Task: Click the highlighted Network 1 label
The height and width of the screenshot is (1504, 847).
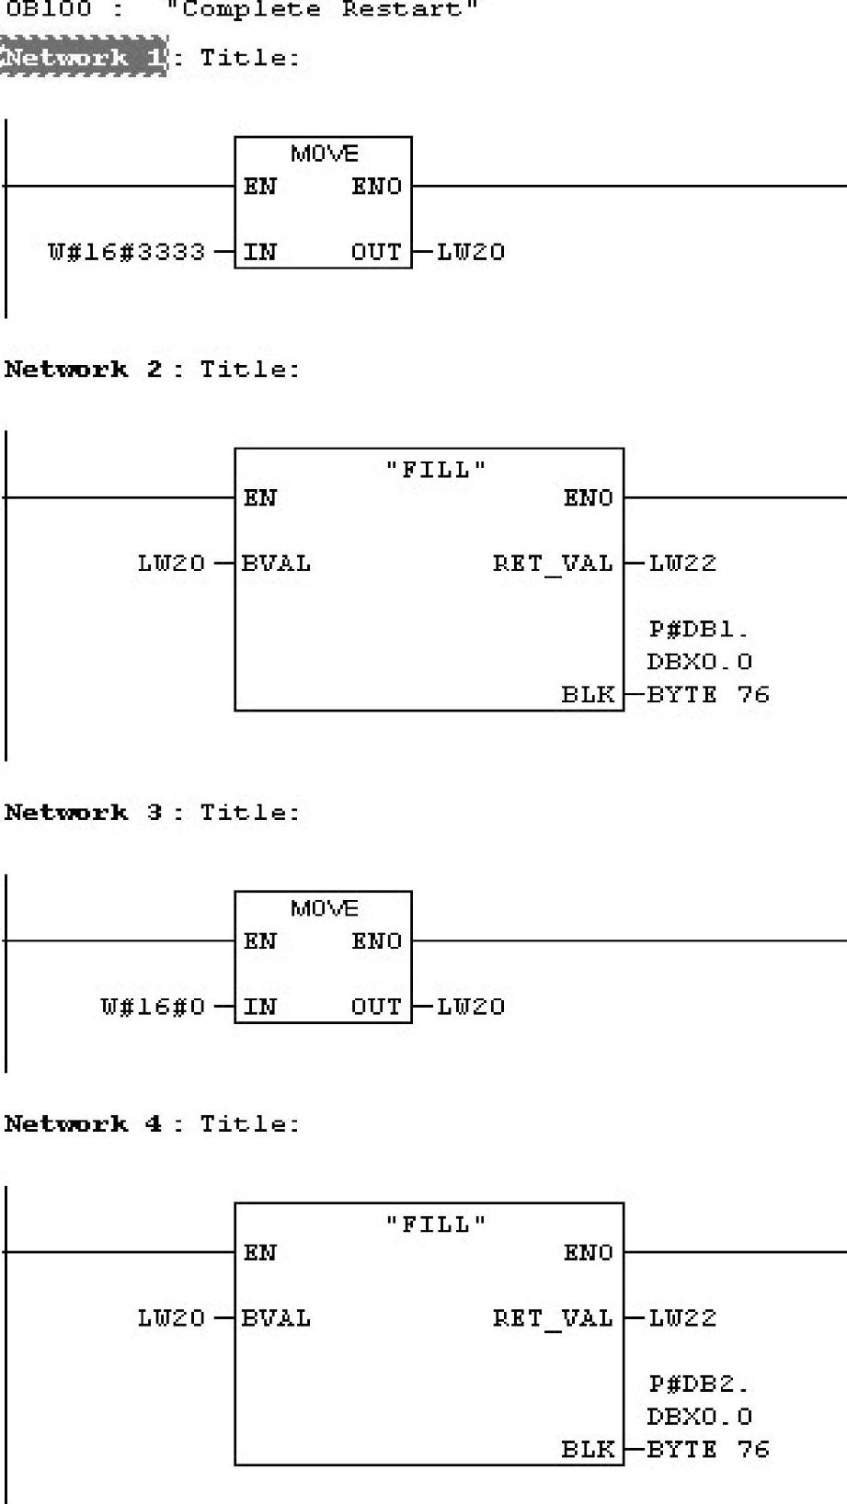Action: tap(84, 57)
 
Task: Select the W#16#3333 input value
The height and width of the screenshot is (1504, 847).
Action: tap(126, 252)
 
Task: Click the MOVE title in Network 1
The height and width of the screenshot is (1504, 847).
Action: tap(324, 154)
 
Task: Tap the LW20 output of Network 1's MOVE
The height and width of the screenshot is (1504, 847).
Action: tap(470, 252)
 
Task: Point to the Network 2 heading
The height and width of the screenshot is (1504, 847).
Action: tap(83, 370)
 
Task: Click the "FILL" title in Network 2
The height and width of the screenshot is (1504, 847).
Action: tap(434, 470)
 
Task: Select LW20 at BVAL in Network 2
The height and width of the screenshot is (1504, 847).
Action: tap(171, 563)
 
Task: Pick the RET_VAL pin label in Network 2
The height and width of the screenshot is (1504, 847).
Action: tap(552, 563)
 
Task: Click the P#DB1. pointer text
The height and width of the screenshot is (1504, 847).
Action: tap(699, 630)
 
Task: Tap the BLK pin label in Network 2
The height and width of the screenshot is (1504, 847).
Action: tap(588, 694)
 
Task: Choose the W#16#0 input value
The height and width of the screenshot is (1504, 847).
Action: tap(153, 1007)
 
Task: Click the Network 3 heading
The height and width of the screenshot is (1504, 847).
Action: tap(83, 813)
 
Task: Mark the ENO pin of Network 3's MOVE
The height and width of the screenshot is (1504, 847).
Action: tap(376, 941)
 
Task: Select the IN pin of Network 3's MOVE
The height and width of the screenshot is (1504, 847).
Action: tap(260, 1007)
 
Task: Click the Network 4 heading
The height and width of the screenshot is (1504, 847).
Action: tap(83, 1123)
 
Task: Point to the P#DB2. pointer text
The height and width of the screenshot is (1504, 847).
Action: tap(699, 1384)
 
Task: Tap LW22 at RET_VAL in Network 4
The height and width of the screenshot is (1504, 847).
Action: tap(681, 1318)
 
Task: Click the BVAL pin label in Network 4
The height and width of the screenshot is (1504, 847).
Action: tap(276, 1318)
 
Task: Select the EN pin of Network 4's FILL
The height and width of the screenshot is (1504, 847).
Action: tap(260, 1253)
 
